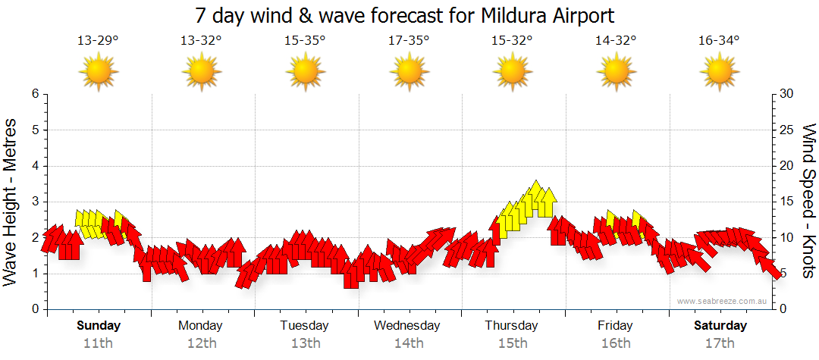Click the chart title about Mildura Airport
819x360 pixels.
[404, 15]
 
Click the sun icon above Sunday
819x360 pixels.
[99, 73]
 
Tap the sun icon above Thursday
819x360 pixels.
[513, 73]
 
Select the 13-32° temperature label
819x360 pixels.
[201, 41]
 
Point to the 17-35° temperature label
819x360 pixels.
[409, 41]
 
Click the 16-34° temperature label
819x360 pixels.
[719, 41]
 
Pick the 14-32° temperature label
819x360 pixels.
[616, 41]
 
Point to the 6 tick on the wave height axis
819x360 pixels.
[34, 94]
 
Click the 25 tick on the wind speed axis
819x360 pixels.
[787, 130]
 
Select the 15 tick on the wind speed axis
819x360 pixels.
[787, 202]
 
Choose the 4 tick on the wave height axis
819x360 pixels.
[34, 166]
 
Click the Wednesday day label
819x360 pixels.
[407, 326]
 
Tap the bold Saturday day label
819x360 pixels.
[720, 326]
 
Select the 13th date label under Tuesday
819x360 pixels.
[305, 343]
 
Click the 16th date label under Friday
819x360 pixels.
[615, 343]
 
